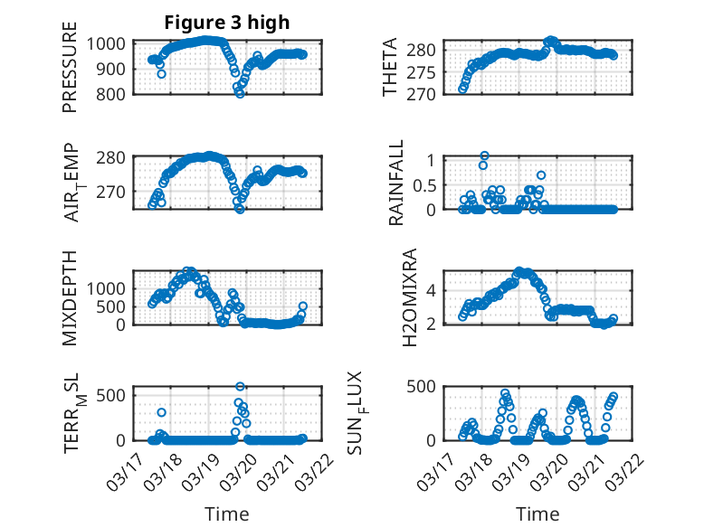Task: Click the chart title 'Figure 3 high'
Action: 226,23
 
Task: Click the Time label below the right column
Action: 538,513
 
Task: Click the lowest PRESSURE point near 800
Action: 240,93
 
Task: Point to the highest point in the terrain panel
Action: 240,386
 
